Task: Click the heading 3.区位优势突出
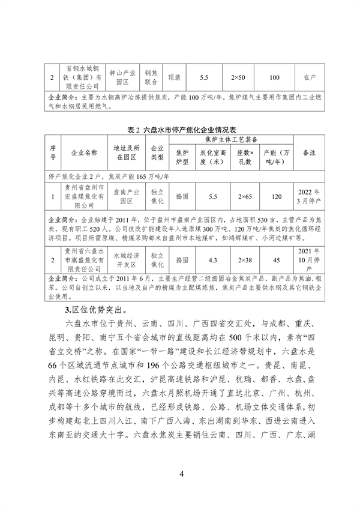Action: pos(96,310)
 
